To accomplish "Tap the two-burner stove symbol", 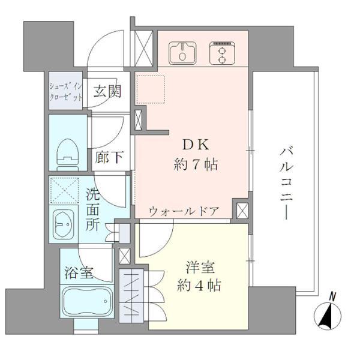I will click(x=220, y=53).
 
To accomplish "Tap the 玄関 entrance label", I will click(x=107, y=91).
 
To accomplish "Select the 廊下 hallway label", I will click(x=109, y=158).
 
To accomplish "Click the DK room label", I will click(x=191, y=144).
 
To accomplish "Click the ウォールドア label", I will click(x=184, y=211).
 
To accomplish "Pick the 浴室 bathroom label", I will click(x=79, y=273).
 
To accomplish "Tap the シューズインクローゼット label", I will click(x=64, y=93).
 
